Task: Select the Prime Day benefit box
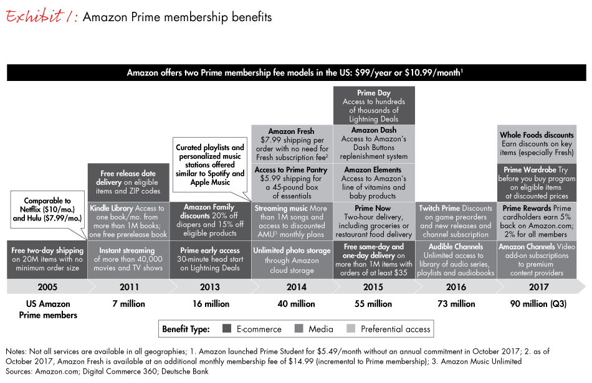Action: tap(374, 106)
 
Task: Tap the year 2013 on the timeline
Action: tap(210, 287)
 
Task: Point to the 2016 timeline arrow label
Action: tap(456, 287)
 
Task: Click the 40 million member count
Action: tap(296, 304)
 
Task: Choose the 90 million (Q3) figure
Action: tap(538, 304)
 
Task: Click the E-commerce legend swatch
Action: tap(227, 329)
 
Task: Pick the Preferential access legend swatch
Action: tap(351, 329)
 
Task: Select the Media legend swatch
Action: tap(299, 329)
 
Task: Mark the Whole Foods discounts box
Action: tap(537, 144)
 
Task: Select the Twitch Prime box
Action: tap(456, 221)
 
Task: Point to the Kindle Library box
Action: tap(128, 221)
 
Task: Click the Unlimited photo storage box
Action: tap(292, 260)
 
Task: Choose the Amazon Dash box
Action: tap(374, 144)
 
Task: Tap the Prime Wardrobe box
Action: tap(537, 182)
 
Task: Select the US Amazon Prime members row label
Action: tap(48, 309)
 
